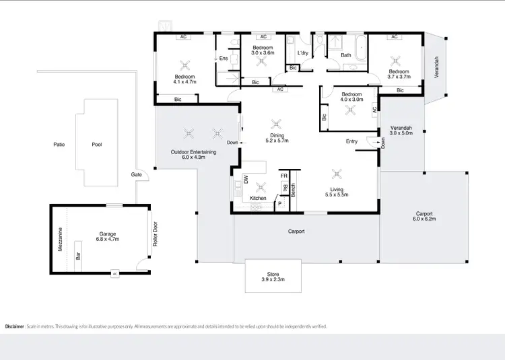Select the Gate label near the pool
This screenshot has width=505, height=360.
(x=137, y=174)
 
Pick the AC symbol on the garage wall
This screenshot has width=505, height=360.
(x=114, y=274)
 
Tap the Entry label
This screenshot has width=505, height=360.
(x=351, y=141)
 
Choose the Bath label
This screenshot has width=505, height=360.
(x=346, y=55)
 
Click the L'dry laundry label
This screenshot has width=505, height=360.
(x=302, y=52)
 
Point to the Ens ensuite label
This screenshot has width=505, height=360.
(x=224, y=59)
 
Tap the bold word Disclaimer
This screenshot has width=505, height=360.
(x=15, y=326)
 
